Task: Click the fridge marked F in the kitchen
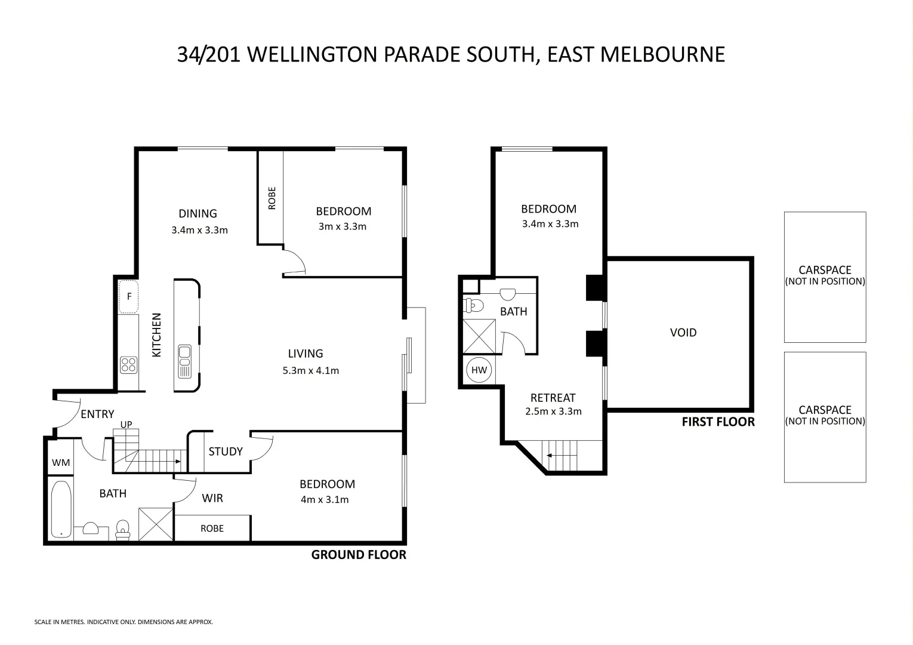(128, 297)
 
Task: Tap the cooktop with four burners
(128, 364)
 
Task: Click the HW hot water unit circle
(479, 370)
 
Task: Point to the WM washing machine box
(61, 462)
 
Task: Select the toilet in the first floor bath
(474, 306)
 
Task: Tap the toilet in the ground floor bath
(123, 529)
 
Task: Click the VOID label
(683, 333)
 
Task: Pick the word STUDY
(226, 451)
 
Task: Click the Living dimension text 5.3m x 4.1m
(310, 370)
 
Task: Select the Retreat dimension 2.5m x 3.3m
(553, 411)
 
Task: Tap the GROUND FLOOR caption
(359, 555)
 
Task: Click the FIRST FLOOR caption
(718, 422)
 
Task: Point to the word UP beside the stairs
(127, 425)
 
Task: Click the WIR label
(212, 498)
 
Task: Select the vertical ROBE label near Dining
(272, 198)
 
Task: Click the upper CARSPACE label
(825, 270)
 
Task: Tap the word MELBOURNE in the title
(662, 54)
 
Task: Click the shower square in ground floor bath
(155, 524)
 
